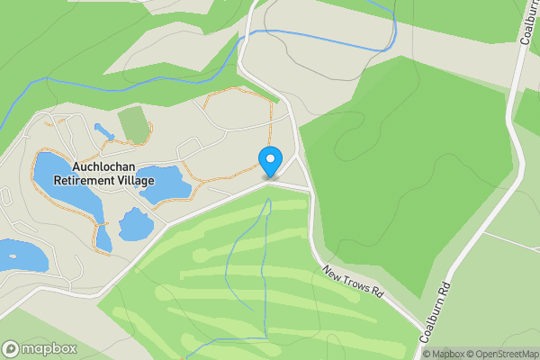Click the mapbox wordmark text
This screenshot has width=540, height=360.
coord(49,348)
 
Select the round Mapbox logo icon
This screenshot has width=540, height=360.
coord(11,348)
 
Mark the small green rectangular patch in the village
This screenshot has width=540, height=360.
coord(132,124)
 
